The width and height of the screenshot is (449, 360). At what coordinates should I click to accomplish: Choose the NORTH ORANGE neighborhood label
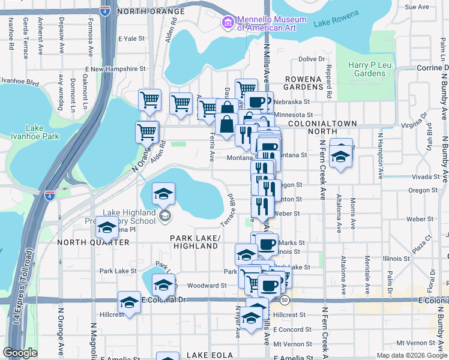tap(151, 11)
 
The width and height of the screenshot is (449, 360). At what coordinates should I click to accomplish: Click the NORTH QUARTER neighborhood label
tap(93, 242)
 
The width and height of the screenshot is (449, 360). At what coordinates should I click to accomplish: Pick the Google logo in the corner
tap(20, 353)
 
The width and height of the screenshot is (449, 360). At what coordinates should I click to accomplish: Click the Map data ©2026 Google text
tap(411, 355)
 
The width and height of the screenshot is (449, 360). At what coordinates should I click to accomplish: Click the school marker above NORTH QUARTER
tap(107, 229)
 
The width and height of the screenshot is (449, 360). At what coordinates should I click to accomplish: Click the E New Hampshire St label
tap(118, 69)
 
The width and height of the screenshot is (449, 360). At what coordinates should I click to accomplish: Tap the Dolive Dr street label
tap(311, 59)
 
